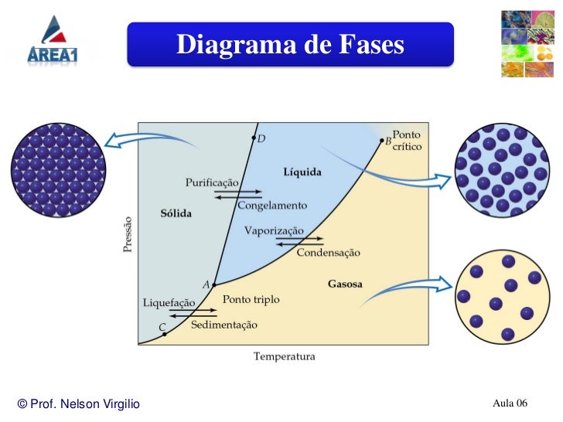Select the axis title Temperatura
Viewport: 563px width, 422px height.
coord(285,356)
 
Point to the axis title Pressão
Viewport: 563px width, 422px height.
coord(128,235)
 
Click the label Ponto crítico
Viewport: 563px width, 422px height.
coord(408,141)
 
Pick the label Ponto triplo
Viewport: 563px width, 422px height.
coord(251,299)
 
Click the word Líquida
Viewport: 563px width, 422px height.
coord(302,172)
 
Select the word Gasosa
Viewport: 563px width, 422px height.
coord(345,284)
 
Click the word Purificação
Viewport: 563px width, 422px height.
coord(212,182)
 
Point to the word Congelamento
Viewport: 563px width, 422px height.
coord(272,206)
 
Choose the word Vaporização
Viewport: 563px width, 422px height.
coord(274,230)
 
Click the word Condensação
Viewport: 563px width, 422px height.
coord(329,253)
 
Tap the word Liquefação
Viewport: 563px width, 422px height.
coord(169,302)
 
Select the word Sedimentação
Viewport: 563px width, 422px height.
coord(224,325)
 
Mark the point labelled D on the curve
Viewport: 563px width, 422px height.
coord(253,138)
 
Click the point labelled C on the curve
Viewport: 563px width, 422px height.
coord(165,335)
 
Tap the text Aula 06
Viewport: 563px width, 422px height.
coord(510,403)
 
